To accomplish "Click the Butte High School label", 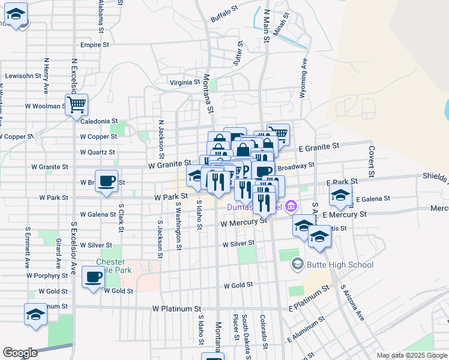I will tap(340, 265).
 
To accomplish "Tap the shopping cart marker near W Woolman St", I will tap(77, 105).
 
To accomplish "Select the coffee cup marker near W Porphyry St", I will tap(93, 278).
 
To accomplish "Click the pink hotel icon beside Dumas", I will tap(292, 207).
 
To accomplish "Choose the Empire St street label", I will tap(94, 44).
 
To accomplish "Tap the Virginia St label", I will tap(184, 82).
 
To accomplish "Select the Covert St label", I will tap(372, 161).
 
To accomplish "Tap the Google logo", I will tap(20, 352).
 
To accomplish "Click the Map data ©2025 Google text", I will tap(412, 355).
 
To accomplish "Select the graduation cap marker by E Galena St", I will tap(340, 194).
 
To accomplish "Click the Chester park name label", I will tap(112, 262).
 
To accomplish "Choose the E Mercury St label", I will tap(344, 214).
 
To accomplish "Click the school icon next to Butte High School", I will tap(297, 264).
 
